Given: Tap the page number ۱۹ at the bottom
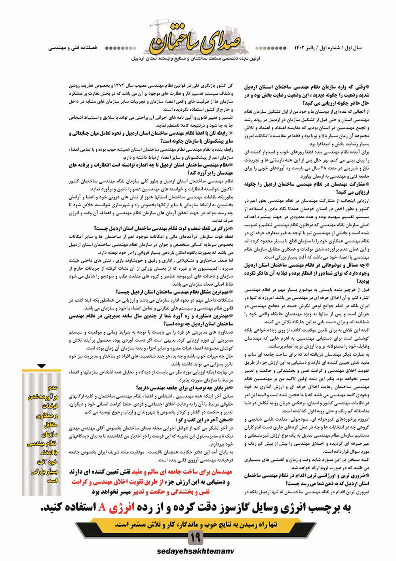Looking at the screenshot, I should (x=196, y=538).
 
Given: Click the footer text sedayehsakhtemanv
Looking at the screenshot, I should (x=195, y=551).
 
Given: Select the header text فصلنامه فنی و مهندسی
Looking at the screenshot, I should (x=72, y=48).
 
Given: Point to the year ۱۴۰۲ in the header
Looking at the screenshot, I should (x=300, y=48).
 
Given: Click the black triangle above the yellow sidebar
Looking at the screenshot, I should (x=42, y=366).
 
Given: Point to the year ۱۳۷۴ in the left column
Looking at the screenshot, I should (x=120, y=86).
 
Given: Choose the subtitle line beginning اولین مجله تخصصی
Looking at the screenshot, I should (x=196, y=58).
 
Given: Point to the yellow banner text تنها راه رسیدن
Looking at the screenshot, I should (x=196, y=525).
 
